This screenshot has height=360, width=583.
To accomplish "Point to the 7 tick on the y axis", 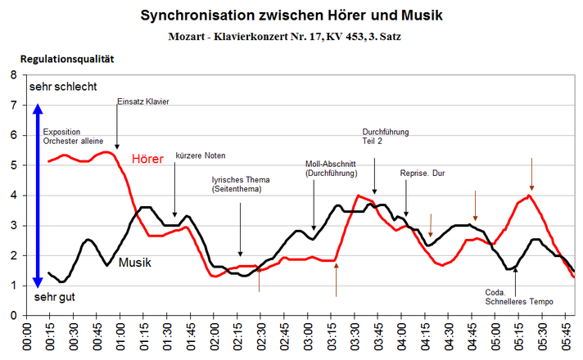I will (x=12, y=106).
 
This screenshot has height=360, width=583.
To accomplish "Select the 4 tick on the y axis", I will (x=12, y=196).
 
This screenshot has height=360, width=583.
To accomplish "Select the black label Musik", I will (x=135, y=263).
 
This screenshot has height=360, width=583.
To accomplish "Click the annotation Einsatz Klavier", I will (x=144, y=101).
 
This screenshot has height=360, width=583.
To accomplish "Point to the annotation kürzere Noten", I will (x=200, y=155).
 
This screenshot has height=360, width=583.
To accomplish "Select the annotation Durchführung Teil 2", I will (x=385, y=136).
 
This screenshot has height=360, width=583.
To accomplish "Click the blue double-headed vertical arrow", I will (x=36, y=196).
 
